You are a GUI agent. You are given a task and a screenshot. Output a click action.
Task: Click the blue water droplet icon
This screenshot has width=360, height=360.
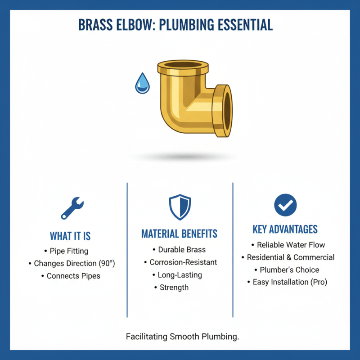[143, 84]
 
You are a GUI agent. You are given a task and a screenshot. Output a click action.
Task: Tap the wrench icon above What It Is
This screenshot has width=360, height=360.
[72, 207]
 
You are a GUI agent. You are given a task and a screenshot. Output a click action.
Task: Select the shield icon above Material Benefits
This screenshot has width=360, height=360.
[180, 207]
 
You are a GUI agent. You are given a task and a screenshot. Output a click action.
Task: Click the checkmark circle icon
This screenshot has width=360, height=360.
[285, 205]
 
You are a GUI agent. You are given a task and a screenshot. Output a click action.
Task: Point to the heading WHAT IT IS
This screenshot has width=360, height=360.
[70, 236]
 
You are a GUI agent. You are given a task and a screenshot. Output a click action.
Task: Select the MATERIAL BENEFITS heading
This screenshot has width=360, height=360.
[180, 234]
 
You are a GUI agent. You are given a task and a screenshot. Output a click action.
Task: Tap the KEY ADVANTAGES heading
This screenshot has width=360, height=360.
[285, 229]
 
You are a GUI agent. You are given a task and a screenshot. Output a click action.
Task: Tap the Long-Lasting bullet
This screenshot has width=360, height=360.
[179, 275]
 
